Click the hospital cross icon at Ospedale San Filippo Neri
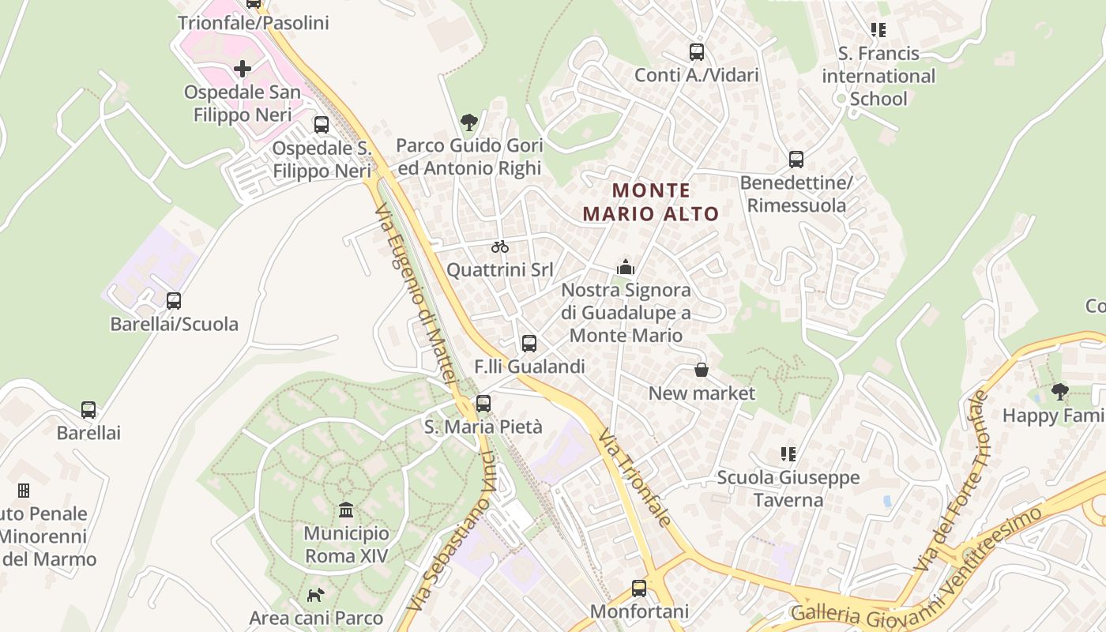click(x=243, y=69)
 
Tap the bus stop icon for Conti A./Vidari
click(x=696, y=52)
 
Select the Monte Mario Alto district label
click(x=651, y=202)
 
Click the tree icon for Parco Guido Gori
click(x=469, y=122)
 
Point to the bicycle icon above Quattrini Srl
click(x=499, y=246)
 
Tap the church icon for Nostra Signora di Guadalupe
click(x=626, y=267)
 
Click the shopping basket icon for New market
click(x=701, y=370)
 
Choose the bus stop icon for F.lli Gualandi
click(x=529, y=344)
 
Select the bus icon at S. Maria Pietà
click(x=483, y=404)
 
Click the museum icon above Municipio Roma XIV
click(x=346, y=510)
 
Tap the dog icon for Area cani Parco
click(x=315, y=595)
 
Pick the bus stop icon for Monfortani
click(x=639, y=589)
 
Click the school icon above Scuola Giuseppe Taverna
click(x=788, y=454)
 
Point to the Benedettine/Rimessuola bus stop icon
click(x=796, y=160)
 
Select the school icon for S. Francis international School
click(x=878, y=30)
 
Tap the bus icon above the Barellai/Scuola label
click(x=174, y=301)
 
